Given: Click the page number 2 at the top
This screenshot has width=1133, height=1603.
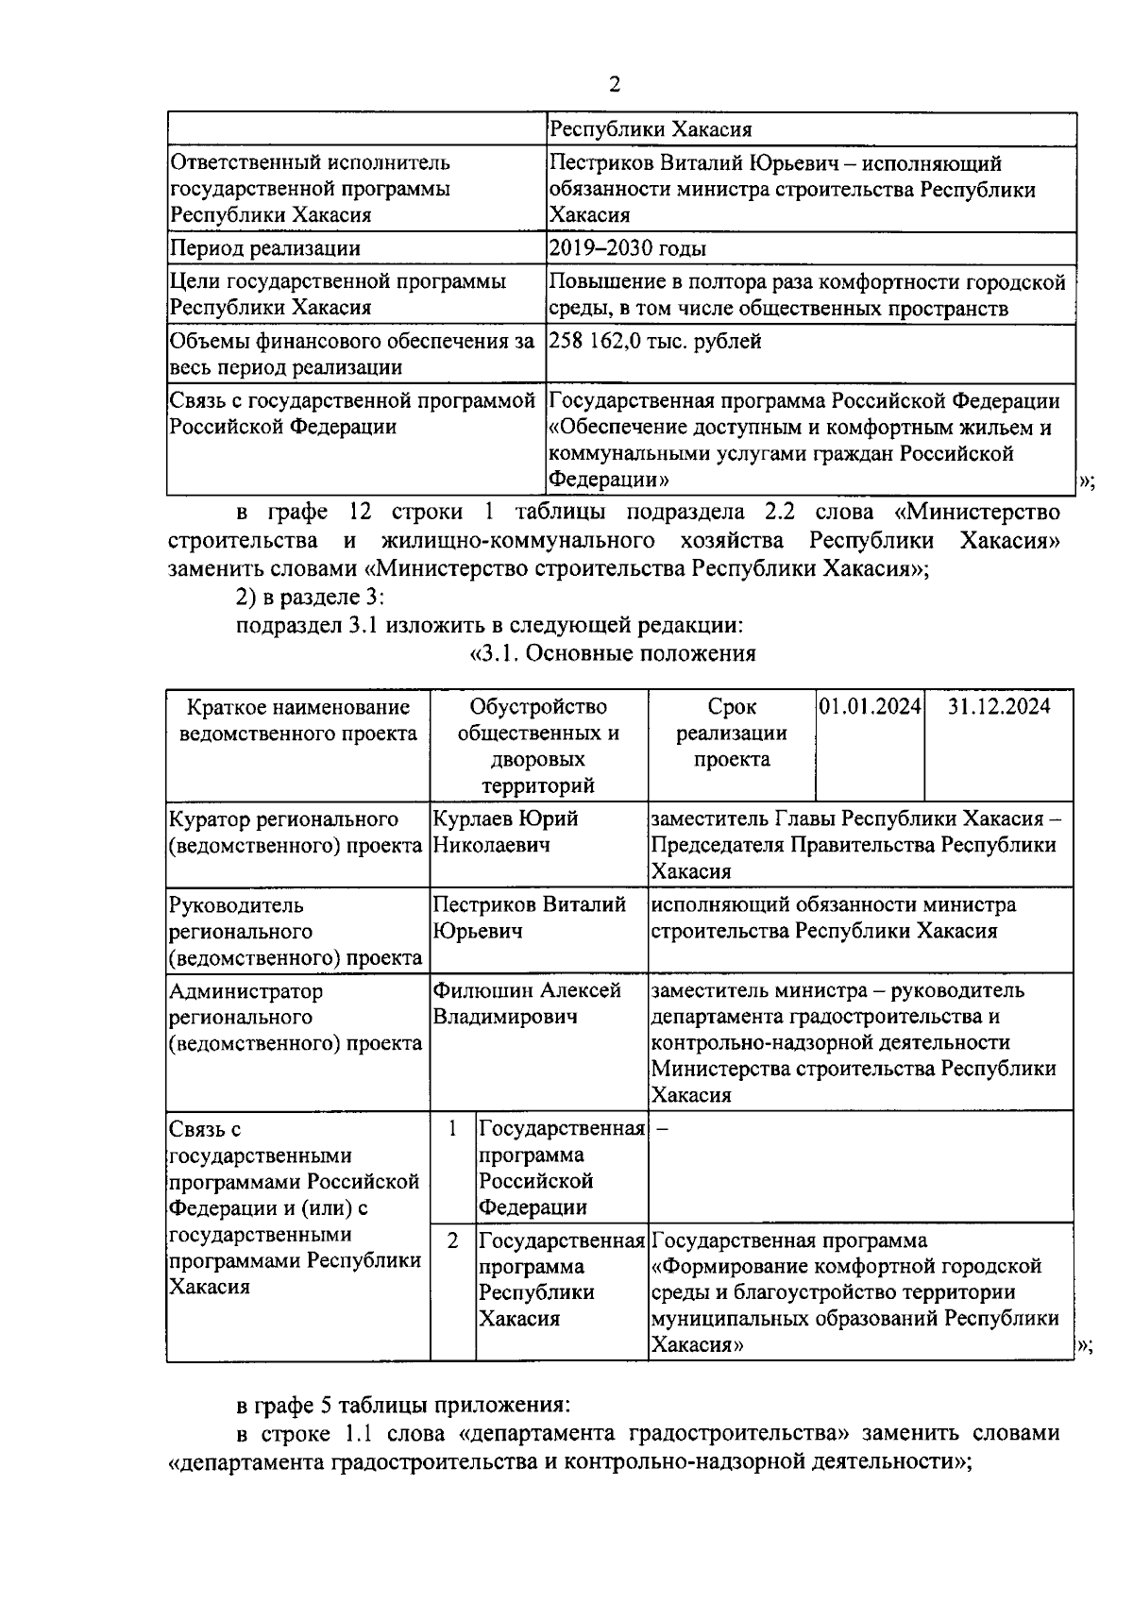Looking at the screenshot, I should [615, 86].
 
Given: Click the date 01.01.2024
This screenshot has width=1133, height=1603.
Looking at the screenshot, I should [870, 707].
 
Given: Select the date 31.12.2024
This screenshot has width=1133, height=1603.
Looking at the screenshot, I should [999, 707].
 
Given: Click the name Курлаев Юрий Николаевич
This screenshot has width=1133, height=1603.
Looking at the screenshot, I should [505, 832].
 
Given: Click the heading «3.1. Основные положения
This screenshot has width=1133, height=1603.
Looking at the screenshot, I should [613, 653].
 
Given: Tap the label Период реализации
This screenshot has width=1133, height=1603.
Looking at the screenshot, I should [264, 249].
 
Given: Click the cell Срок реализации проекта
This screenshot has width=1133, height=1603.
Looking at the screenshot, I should [731, 734].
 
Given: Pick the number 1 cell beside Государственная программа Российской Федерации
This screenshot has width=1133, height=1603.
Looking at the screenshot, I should [453, 1129].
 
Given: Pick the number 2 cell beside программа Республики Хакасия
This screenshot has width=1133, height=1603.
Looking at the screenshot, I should [453, 1240].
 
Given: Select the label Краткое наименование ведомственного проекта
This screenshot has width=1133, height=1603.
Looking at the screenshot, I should [298, 720].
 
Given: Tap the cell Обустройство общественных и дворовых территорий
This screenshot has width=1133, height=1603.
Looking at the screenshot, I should [538, 746].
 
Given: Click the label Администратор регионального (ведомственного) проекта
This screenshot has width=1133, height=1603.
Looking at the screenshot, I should [296, 1018].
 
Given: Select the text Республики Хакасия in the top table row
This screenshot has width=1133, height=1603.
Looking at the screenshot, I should [651, 129].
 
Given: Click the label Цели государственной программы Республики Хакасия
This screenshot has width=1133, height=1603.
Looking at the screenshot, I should [337, 295].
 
